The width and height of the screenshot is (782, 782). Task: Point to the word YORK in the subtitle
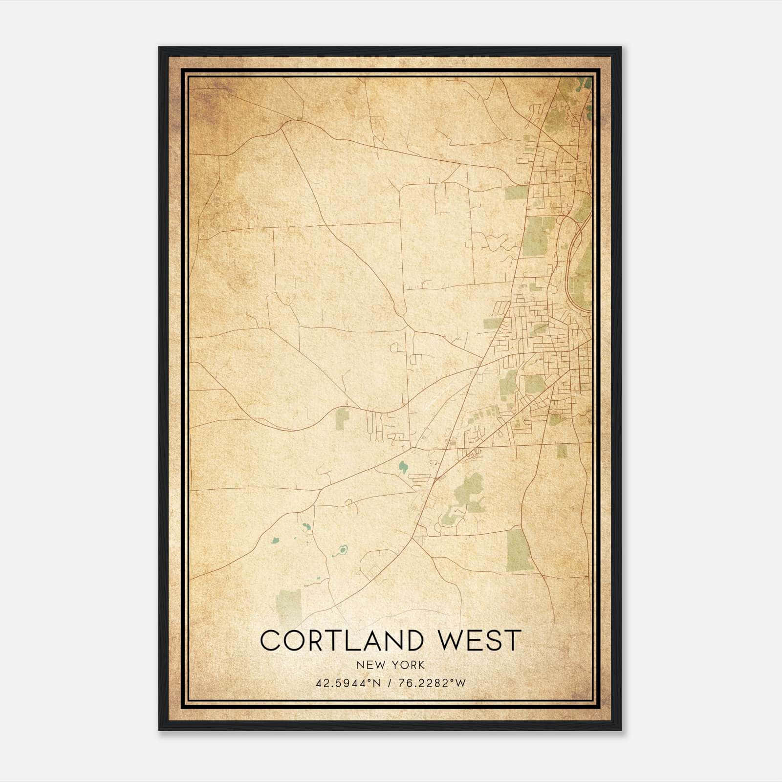click(x=408, y=665)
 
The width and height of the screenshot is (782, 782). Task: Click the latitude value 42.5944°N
click(x=348, y=683)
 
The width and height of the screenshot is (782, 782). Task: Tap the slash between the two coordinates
click(x=390, y=683)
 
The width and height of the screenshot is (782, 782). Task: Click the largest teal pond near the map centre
click(x=403, y=468)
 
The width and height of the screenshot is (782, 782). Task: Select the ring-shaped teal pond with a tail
click(x=341, y=552)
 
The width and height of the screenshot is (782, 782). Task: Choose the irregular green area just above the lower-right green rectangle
click(x=468, y=490)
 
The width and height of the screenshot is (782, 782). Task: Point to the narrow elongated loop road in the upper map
click(x=441, y=198)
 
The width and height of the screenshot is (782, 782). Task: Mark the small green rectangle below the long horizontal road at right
click(x=562, y=451)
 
